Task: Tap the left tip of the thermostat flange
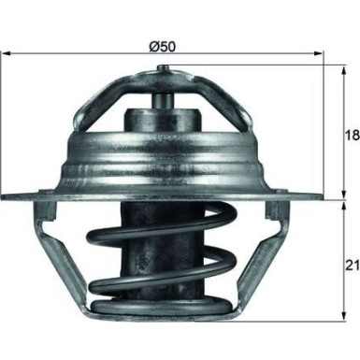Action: click(6, 196)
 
